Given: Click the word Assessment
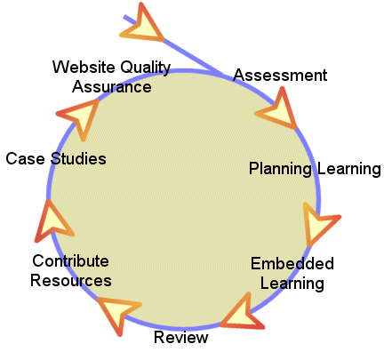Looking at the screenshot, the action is pyautogui.click(x=280, y=75).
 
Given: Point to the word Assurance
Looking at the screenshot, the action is pyautogui.click(x=112, y=87).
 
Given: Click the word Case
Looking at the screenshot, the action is pyautogui.click(x=25, y=158).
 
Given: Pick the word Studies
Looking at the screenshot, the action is pyautogui.click(x=78, y=158).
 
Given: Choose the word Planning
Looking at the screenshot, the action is pyautogui.click(x=280, y=170).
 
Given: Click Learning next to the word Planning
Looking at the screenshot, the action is pyautogui.click(x=349, y=170).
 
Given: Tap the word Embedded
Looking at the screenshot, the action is pyautogui.click(x=292, y=263).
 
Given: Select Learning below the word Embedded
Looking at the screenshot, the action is pyautogui.click(x=292, y=284).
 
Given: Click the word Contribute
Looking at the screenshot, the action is pyautogui.click(x=70, y=261).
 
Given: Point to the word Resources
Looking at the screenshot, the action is pyautogui.click(x=71, y=280).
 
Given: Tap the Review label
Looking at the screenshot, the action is pyautogui.click(x=181, y=337).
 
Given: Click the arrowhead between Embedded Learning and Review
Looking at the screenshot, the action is pyautogui.click(x=243, y=314).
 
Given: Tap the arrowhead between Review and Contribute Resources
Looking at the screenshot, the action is pyautogui.click(x=118, y=312).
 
